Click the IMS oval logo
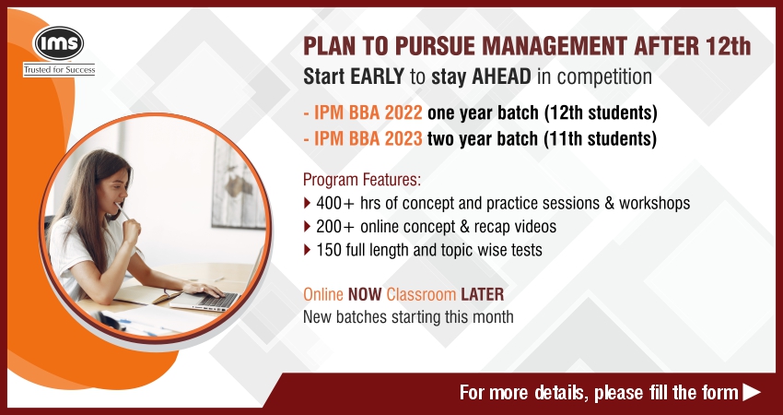click(x=58, y=43)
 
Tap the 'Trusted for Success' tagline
click(x=59, y=70)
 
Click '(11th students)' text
click(x=600, y=138)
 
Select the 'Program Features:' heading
click(x=362, y=179)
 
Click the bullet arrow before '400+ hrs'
click(x=307, y=203)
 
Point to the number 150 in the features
click(x=329, y=250)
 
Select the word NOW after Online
click(x=365, y=294)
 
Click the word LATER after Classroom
click(x=483, y=294)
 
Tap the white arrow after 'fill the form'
click(x=752, y=392)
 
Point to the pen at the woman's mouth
click(x=122, y=210)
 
